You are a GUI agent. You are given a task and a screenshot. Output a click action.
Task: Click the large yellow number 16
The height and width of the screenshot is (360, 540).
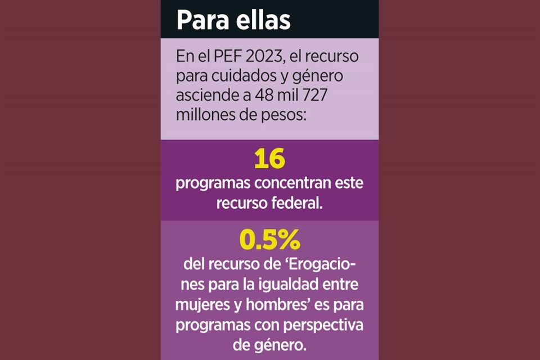(269, 159)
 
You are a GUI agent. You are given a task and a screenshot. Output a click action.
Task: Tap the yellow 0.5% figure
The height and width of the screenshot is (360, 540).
(269, 240)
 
